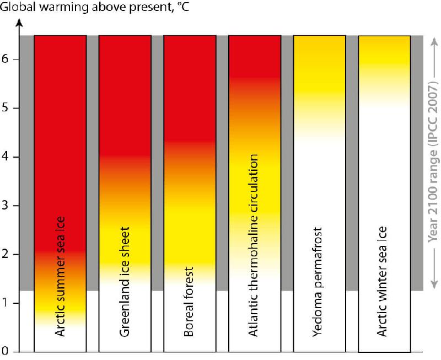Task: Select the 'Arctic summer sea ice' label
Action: [x=60, y=275]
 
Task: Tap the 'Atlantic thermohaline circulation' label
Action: [x=254, y=245]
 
